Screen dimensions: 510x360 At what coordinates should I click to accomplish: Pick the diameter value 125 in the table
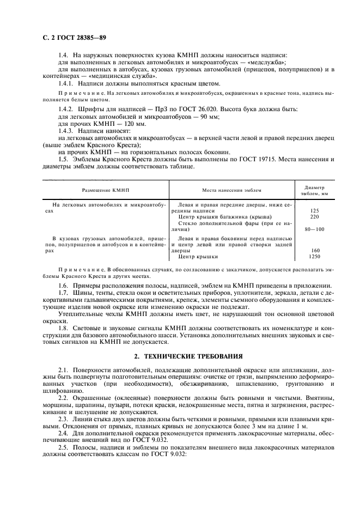point(314,210)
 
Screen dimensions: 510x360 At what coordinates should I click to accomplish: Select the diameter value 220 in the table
point(314,216)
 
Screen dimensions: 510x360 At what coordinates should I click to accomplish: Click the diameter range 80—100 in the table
point(314,229)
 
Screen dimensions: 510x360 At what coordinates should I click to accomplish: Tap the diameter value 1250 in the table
point(314,256)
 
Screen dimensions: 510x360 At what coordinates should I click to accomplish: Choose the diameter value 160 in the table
point(314,250)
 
